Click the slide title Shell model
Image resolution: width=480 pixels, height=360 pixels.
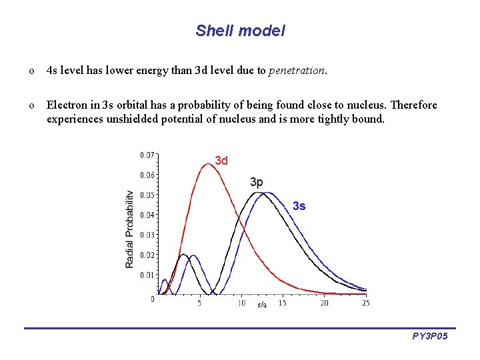click(240, 31)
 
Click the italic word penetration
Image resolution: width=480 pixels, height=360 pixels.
click(297, 70)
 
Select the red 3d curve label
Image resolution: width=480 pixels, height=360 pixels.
click(221, 161)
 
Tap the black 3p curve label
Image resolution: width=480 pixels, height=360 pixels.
click(257, 182)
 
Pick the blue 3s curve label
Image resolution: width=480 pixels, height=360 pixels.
click(299, 206)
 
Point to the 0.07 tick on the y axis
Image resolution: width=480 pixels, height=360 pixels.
click(147, 155)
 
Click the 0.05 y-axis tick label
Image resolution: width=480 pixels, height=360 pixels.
click(147, 195)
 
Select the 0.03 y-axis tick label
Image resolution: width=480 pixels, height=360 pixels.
click(147, 235)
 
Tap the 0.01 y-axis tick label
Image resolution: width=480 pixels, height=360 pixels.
click(147, 275)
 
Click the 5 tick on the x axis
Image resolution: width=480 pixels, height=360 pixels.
click(199, 303)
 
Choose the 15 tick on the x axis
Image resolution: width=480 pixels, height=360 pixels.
click(283, 303)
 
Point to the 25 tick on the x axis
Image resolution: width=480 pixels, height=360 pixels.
click(365, 303)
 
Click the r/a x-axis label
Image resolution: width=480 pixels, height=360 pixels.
click(262, 305)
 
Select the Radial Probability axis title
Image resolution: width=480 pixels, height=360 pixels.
click(129, 229)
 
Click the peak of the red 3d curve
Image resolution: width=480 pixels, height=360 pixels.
click(209, 164)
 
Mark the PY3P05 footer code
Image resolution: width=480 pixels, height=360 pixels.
click(429, 337)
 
